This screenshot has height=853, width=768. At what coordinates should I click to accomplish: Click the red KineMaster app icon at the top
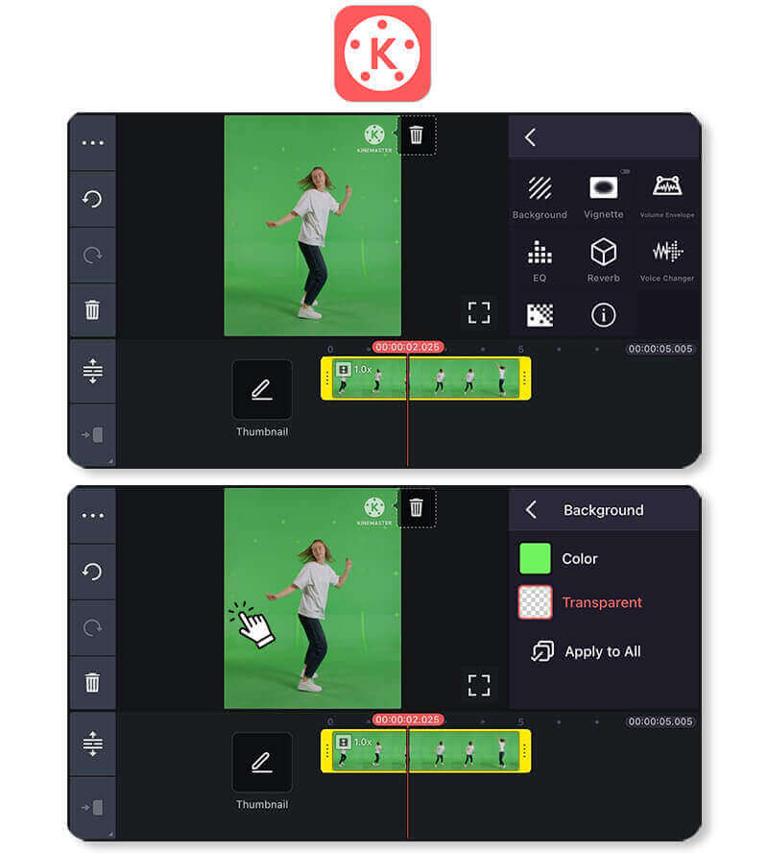pos(382,54)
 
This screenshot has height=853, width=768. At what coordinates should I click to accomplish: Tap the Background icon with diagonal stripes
pos(540,187)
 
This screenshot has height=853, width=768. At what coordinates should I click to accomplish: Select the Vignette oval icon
pos(603,187)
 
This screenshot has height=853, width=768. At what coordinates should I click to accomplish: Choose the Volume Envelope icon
pos(667,186)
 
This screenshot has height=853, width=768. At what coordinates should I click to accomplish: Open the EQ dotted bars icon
pos(540,253)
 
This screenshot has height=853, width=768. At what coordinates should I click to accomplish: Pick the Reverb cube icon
pos(603,252)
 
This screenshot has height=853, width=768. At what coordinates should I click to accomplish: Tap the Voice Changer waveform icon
pos(667,252)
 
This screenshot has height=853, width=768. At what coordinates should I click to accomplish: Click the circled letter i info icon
pos(603,314)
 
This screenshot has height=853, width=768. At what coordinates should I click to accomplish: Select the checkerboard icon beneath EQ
pos(540,315)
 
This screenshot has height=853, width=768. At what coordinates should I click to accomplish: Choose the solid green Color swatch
pos(535,558)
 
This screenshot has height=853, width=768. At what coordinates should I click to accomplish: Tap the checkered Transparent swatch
pos(535,602)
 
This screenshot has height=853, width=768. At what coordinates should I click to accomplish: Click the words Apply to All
pos(602,651)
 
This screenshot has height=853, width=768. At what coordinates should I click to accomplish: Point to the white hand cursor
pos(252,625)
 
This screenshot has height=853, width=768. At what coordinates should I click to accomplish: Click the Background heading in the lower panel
pos(603,510)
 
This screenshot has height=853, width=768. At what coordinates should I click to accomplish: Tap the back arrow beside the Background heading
pos(531,510)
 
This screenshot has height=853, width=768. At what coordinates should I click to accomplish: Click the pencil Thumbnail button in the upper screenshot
pos(262,389)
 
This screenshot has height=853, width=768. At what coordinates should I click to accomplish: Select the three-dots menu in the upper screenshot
pos(92,143)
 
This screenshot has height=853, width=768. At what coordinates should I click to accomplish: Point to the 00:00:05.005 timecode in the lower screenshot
pos(660,721)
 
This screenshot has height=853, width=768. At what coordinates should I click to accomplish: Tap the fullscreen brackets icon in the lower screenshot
pos(478,685)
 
